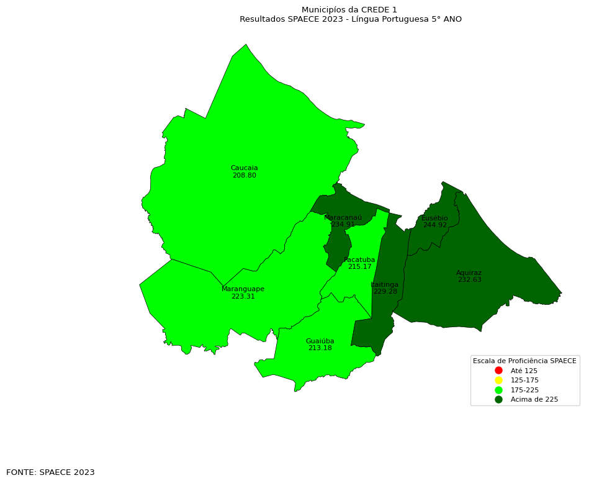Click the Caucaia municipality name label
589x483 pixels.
(244, 168)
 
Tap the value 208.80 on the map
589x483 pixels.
(244, 176)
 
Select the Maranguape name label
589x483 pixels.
(243, 289)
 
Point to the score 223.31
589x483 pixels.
(243, 297)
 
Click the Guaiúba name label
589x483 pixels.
(320, 341)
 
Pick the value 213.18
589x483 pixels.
(320, 348)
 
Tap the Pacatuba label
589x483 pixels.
(359, 260)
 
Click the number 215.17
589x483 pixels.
(359, 267)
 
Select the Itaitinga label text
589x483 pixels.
(385, 284)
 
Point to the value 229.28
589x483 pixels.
(385, 292)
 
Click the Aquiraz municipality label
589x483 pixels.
(469, 273)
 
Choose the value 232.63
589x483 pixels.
(469, 280)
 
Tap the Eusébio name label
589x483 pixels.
(434, 219)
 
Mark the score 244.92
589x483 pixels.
(434, 225)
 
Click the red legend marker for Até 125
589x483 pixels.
(498, 371)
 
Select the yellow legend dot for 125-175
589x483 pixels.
(498, 380)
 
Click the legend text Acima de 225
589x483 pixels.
(534, 400)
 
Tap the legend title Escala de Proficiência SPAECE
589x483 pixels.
(524, 361)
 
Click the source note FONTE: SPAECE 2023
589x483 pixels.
(50, 472)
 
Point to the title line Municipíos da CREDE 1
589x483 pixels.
(349, 10)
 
